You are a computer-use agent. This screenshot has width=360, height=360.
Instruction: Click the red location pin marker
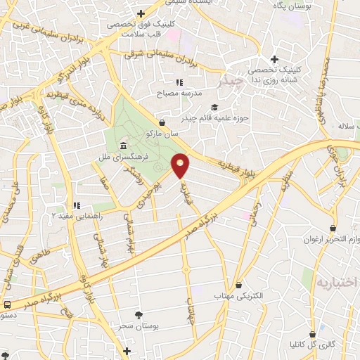(181, 166)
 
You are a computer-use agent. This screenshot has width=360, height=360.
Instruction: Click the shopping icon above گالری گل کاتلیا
(311, 334)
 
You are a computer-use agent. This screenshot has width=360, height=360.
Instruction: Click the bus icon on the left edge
(7, 305)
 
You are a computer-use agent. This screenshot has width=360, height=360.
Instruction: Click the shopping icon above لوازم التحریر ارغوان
(334, 229)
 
